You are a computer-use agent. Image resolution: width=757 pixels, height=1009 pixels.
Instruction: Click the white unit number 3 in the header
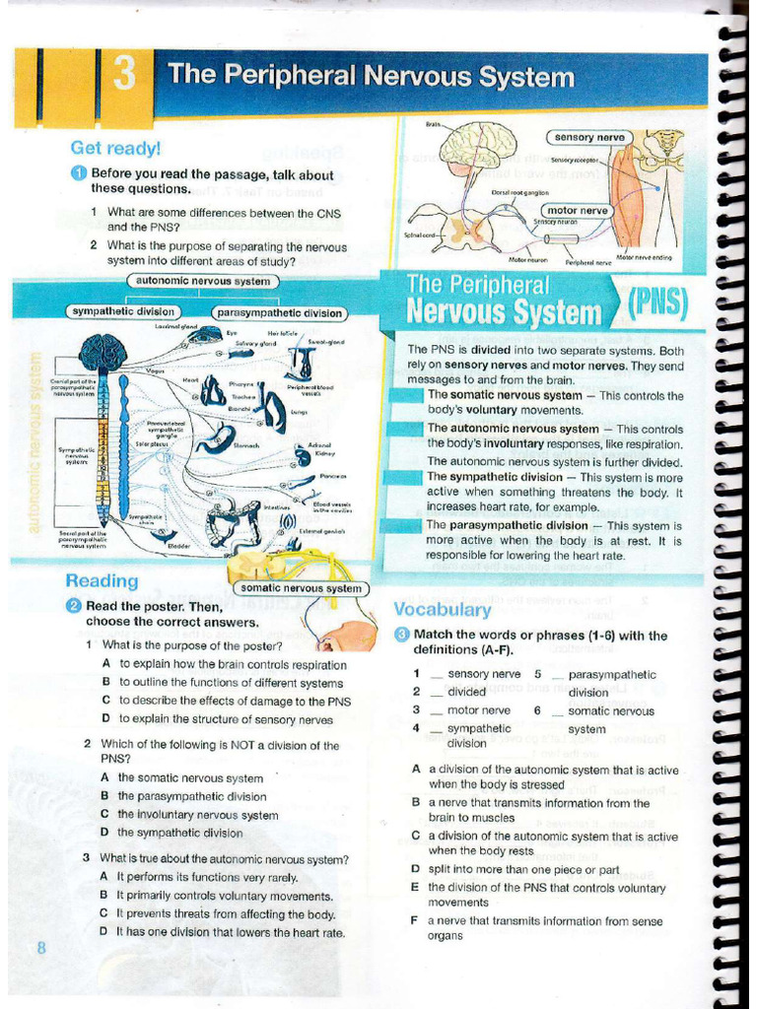(125, 76)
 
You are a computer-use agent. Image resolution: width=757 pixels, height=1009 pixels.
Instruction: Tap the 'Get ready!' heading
(114, 149)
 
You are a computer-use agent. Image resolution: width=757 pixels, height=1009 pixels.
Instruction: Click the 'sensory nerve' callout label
(589, 138)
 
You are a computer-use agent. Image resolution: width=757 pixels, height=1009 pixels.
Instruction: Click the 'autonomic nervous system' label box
(203, 282)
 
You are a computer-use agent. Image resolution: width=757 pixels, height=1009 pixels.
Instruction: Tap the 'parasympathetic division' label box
(280, 313)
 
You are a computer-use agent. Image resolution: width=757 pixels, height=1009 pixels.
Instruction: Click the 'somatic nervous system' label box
(302, 588)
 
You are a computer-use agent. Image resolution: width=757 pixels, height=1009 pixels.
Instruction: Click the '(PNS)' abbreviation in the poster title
(657, 303)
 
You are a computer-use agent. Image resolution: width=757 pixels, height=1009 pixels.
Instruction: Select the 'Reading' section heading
(102, 581)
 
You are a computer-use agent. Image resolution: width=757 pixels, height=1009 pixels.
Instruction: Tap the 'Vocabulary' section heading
(442, 609)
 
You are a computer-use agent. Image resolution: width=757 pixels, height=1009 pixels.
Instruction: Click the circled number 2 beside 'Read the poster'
(74, 606)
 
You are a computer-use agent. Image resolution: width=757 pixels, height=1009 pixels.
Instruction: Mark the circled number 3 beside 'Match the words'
(402, 635)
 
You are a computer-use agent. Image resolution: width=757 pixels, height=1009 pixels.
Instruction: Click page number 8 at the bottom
(41, 948)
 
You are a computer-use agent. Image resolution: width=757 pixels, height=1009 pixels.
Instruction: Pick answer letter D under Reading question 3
(104, 932)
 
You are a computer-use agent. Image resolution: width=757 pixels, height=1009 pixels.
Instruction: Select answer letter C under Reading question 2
(104, 815)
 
